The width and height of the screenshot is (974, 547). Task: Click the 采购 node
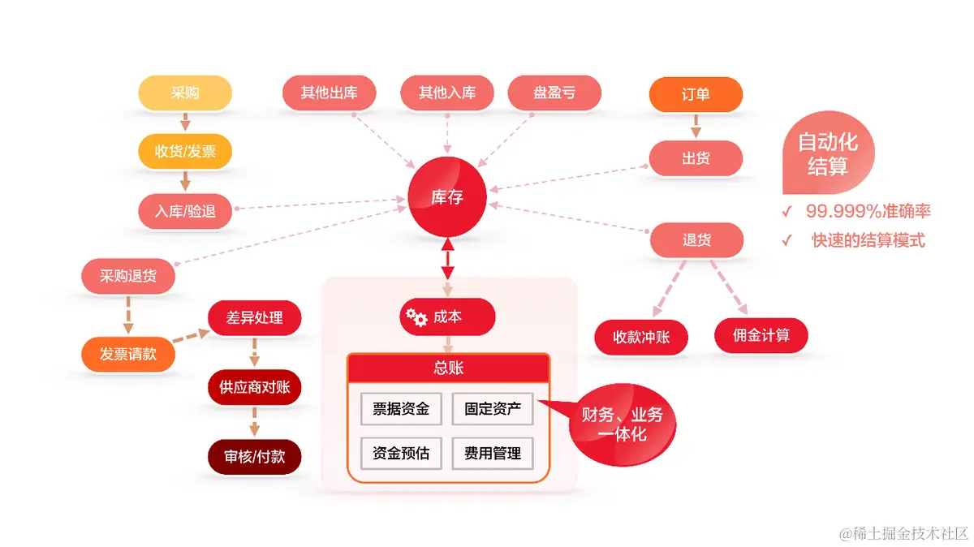185,93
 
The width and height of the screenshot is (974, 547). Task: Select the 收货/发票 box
185,151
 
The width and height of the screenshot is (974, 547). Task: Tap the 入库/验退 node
185,212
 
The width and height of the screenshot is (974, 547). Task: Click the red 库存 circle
446,196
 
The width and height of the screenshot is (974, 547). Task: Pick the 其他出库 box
329,93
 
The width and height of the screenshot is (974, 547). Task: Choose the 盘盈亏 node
554,93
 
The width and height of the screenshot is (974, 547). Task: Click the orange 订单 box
696,94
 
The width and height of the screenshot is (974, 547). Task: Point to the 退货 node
696,240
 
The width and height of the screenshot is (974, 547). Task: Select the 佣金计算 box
761,335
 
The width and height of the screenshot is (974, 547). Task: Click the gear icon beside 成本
416,317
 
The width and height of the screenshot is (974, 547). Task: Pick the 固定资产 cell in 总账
493,408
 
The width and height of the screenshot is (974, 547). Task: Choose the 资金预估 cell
401,454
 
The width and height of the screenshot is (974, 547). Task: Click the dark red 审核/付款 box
254,457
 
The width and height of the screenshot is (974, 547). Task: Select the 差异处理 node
254,317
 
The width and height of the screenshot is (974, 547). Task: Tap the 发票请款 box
128,354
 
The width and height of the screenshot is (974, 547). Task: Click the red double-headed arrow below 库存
447,259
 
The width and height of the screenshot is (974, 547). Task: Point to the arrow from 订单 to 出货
696,126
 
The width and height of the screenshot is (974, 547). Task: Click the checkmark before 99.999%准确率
787,212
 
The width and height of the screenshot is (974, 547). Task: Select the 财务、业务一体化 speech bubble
622,424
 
